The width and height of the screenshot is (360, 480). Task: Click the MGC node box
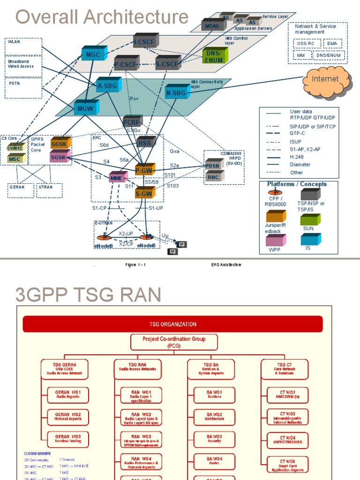pos(93,54)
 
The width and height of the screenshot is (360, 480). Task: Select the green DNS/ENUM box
pos(214,57)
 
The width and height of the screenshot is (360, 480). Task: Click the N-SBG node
pos(176,93)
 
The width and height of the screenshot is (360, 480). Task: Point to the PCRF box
pos(132,122)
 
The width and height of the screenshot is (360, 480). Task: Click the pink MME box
pos(117,178)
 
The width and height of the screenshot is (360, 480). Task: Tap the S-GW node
pos(144,193)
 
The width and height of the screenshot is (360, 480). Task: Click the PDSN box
pos(214,165)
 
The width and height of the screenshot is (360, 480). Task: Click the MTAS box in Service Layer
pos(210,25)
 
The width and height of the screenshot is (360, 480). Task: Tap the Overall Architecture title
pos(102,17)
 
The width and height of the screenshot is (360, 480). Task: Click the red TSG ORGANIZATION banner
pos(173,324)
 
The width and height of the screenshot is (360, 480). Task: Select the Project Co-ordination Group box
pos(174,342)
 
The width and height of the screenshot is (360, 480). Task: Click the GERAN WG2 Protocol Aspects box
pos(68,416)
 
